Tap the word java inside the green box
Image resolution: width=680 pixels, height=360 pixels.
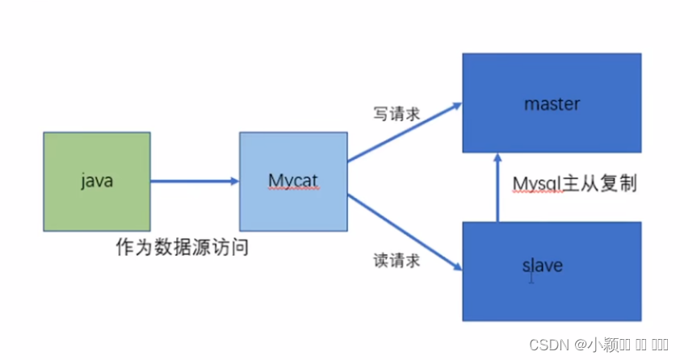(x=96, y=182)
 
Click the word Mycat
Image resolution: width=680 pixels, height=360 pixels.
(x=292, y=182)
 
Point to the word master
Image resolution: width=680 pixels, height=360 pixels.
(x=552, y=104)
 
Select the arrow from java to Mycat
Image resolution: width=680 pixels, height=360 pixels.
(x=194, y=181)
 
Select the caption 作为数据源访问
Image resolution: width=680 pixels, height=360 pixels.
(x=181, y=248)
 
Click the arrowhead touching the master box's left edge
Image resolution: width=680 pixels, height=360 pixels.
(x=456, y=105)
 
